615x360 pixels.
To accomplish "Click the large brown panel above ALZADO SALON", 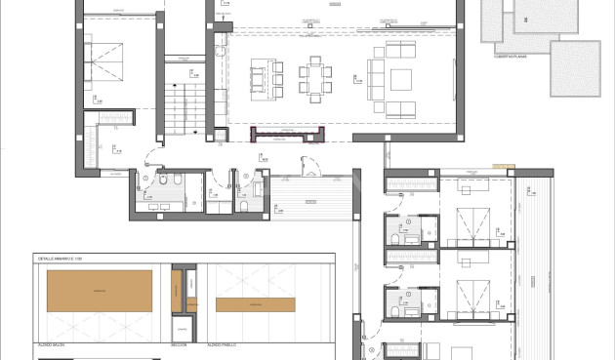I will pos(100,292).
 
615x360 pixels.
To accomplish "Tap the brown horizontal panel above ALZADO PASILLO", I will pos(256,304).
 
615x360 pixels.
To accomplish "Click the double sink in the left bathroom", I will pos(157,205).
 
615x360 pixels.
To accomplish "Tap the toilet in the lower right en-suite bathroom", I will pos(394,309).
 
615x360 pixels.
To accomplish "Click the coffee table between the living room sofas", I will pos(401,76).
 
